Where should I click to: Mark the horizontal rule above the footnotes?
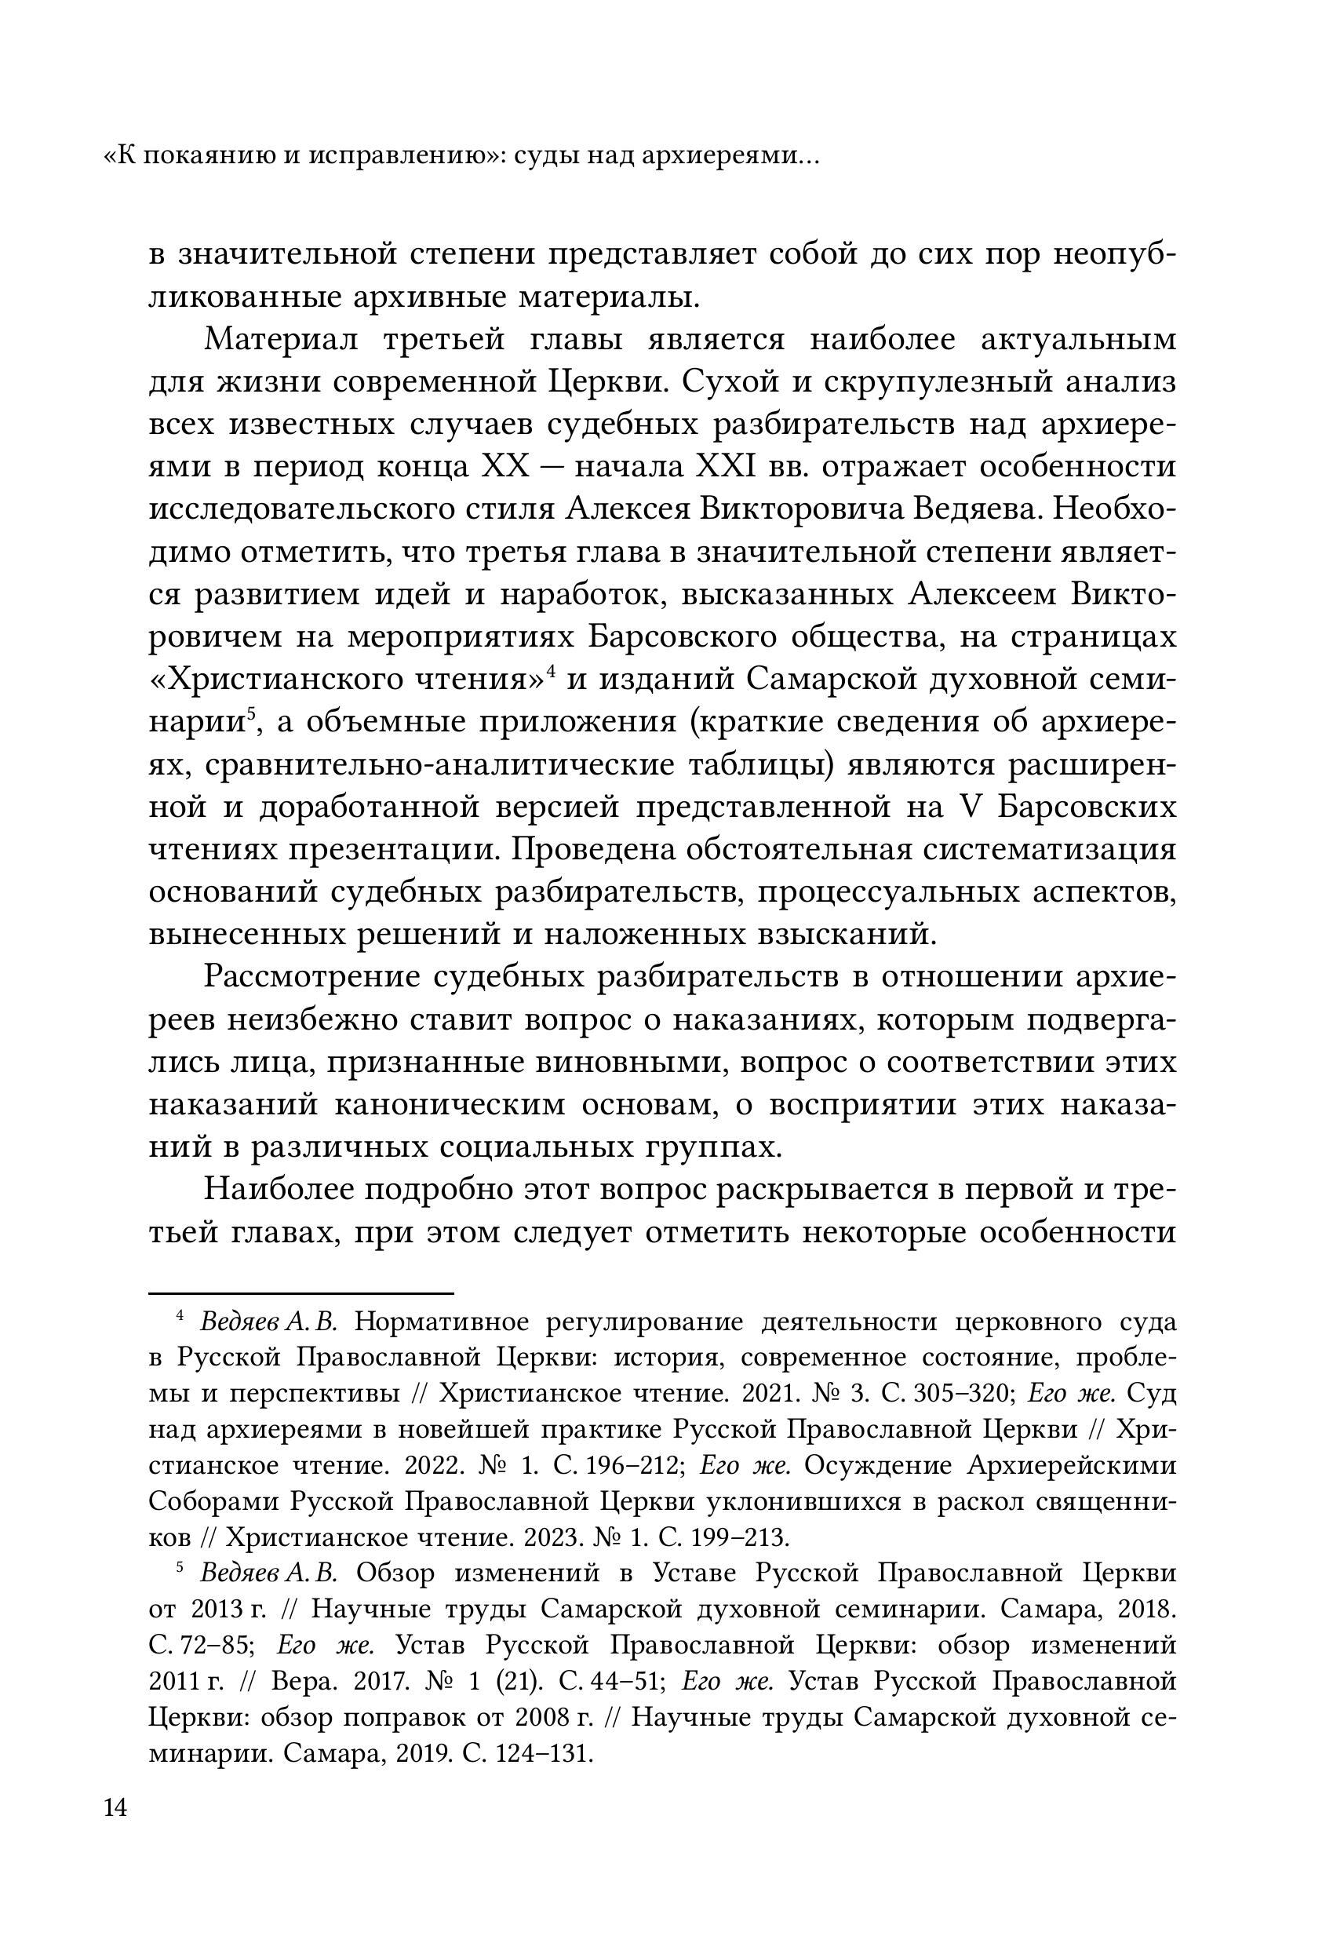pyautogui.click(x=300, y=1292)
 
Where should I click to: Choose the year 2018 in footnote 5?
pyautogui.click(x=1145, y=1610)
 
